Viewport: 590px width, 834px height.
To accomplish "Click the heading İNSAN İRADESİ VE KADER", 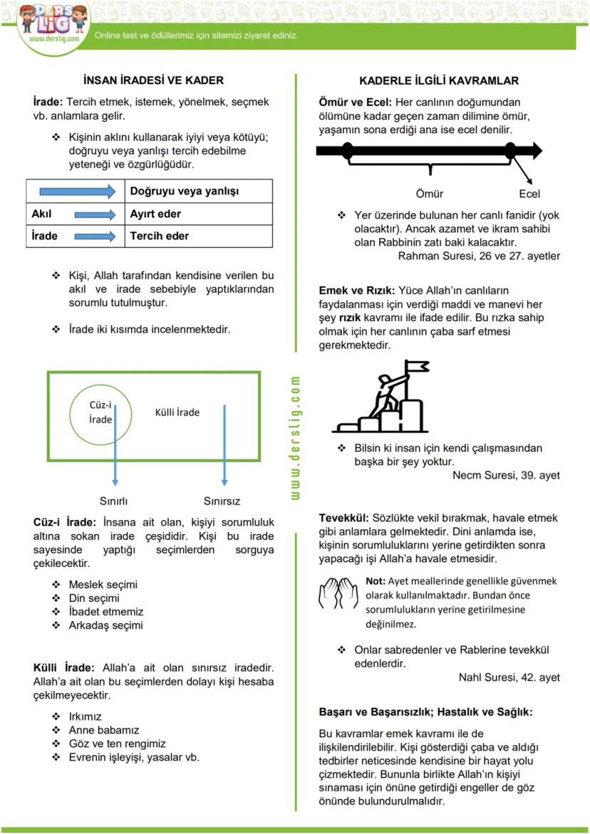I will [x=153, y=80].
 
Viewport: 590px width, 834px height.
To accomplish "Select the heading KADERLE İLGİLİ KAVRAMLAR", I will [x=439, y=80].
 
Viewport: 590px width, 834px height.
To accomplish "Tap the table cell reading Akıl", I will [x=42, y=214].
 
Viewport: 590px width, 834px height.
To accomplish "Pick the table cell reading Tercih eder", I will [x=159, y=236].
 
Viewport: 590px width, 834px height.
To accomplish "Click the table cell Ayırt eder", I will [x=155, y=214].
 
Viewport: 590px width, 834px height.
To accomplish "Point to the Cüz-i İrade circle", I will [x=101, y=412].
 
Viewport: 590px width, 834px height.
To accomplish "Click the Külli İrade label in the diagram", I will [x=177, y=412].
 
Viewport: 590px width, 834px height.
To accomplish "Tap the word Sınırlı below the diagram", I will [x=113, y=501].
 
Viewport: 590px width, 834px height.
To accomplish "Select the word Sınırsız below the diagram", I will [x=222, y=501].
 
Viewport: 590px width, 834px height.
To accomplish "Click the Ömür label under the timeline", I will [x=429, y=194].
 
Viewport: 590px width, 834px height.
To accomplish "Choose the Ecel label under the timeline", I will [x=529, y=194].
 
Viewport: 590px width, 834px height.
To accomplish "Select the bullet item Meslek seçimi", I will [x=103, y=584].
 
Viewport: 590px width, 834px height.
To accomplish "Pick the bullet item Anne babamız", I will [x=103, y=730].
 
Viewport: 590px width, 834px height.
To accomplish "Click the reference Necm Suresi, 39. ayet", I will [x=506, y=475].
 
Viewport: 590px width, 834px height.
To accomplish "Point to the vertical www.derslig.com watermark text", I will [x=296, y=437].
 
